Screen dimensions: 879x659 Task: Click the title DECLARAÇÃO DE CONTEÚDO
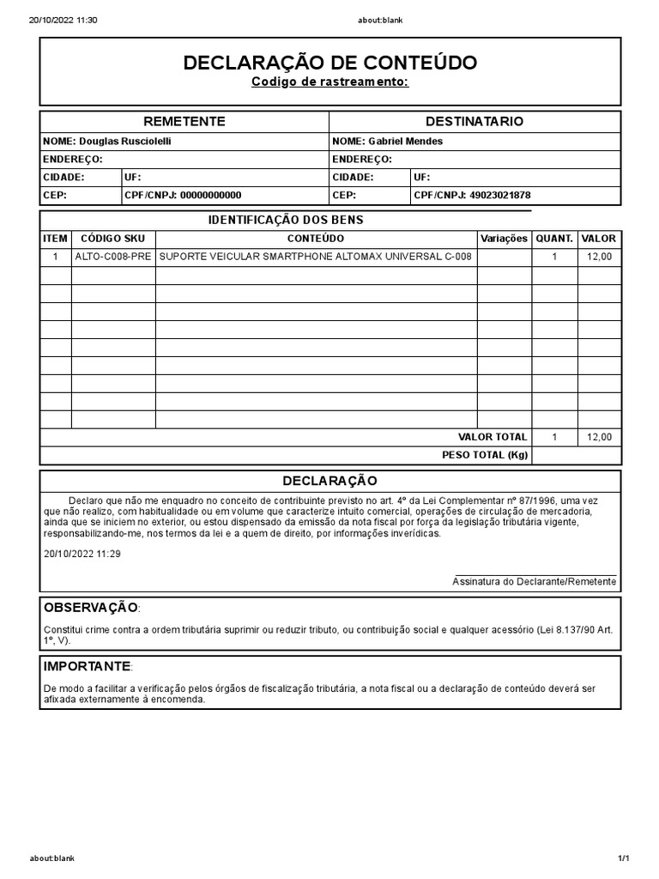coord(329,63)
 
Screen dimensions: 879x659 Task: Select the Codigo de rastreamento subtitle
coord(329,82)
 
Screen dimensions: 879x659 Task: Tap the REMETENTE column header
coord(184,122)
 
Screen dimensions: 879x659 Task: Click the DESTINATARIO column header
coord(475,122)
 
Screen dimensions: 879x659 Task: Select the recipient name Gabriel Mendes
coord(405,141)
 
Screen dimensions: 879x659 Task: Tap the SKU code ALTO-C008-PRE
coord(113,257)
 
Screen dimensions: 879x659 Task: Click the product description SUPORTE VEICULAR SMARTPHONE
coord(316,257)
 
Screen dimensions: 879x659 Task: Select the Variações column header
coord(504,239)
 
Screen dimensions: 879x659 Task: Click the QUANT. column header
coord(553,239)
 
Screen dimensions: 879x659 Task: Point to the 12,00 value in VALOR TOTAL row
coord(598,437)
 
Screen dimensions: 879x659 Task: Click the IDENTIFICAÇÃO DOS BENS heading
coord(286,221)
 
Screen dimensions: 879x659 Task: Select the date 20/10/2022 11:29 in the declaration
coord(82,554)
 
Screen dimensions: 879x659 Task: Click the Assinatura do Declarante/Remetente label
coord(534,581)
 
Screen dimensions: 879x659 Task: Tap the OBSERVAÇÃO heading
coord(91,608)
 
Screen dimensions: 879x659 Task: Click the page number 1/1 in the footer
coord(623,858)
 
